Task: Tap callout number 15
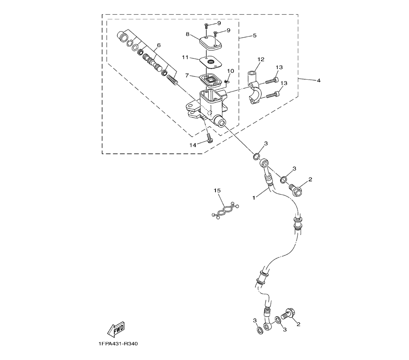pos(217,191)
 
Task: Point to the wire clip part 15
pos(225,210)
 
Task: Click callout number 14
pos(193,145)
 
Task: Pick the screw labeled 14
pos(209,138)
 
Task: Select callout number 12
pos(261,59)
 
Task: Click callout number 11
pos(185,58)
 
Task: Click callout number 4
pos(318,80)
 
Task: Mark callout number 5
pos(254,36)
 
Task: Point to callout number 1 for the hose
pos(254,198)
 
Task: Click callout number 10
pos(230,71)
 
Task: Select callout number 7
pos(187,76)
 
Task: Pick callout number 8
pos(188,34)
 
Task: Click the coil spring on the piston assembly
pos(173,79)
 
